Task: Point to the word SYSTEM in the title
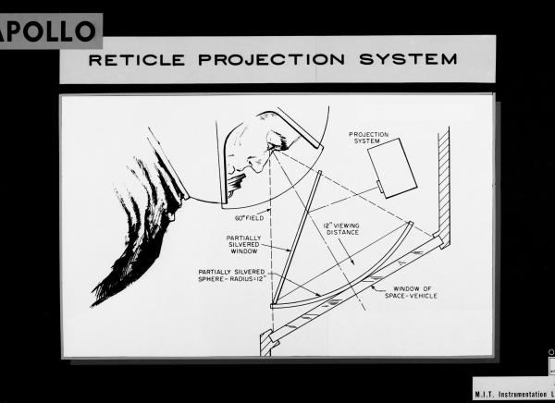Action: click(x=412, y=59)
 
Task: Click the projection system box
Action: click(x=392, y=166)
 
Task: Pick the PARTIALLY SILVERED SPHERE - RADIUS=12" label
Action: click(x=238, y=276)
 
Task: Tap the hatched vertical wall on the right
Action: click(x=443, y=180)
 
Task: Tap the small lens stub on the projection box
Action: click(x=380, y=189)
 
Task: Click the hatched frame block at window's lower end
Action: click(x=267, y=343)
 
